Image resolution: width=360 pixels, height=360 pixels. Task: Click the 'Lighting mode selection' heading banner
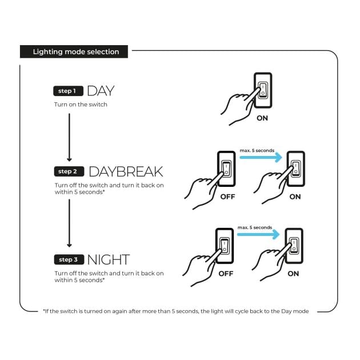(x=74, y=51)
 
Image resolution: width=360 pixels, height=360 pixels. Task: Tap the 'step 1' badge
(x=68, y=91)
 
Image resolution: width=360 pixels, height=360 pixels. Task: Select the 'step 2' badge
(x=69, y=171)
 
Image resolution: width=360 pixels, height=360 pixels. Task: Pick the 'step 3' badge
(x=69, y=259)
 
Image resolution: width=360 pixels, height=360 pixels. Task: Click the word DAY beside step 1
(x=101, y=91)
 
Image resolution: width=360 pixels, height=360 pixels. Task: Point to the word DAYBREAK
(x=126, y=172)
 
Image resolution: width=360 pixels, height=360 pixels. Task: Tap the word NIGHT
(x=109, y=259)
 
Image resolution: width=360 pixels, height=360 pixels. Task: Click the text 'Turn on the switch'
(x=81, y=105)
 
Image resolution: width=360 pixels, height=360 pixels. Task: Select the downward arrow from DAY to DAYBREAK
(x=69, y=137)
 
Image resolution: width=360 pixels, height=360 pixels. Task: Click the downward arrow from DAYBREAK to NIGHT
(x=69, y=223)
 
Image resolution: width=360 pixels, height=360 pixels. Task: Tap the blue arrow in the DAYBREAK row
(x=261, y=157)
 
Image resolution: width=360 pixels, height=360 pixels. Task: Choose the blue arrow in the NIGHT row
(x=258, y=234)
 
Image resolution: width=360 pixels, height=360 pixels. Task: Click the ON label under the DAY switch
(x=262, y=118)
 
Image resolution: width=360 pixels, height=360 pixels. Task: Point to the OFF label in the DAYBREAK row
(x=227, y=197)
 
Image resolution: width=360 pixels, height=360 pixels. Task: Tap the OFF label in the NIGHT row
(x=226, y=274)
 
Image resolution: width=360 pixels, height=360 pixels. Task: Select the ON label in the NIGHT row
(x=293, y=274)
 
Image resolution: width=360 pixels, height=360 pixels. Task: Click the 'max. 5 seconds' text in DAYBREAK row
(x=257, y=150)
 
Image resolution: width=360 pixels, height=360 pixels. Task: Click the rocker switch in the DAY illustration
(x=263, y=90)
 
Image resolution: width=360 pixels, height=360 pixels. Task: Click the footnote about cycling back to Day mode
(x=176, y=311)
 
